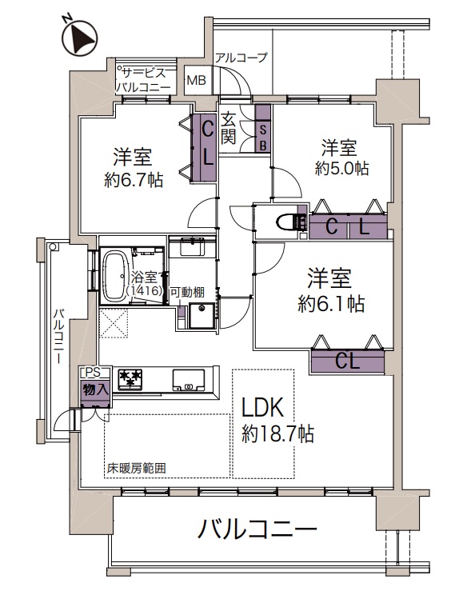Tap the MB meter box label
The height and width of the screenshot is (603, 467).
(197, 81)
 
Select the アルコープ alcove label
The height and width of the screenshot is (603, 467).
(241, 58)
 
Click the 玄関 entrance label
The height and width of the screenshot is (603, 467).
(228, 130)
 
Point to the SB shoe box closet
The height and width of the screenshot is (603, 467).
(264, 129)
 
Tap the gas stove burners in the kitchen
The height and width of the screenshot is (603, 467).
(130, 377)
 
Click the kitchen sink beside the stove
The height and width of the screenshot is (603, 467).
(189, 379)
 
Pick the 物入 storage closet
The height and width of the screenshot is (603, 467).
(96, 392)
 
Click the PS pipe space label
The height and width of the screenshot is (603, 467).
(91, 372)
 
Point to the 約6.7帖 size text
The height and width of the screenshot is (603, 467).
(134, 179)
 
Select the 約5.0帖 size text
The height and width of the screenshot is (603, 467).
(341, 169)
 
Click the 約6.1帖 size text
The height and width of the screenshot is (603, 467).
(331, 304)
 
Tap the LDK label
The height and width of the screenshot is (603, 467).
(263, 407)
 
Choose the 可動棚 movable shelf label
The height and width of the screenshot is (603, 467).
(187, 292)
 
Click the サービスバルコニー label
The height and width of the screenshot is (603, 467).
(143, 81)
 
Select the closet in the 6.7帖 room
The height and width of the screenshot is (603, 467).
(205, 147)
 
